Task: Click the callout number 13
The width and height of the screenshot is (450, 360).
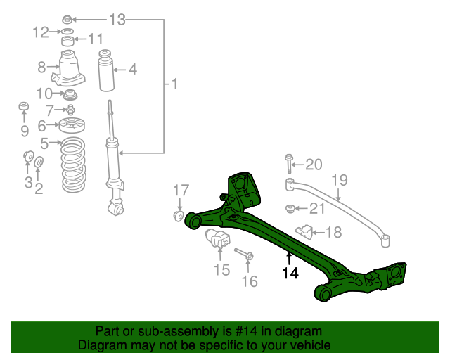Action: pyautogui.click(x=117, y=20)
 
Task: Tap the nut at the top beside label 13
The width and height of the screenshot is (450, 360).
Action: pyautogui.click(x=66, y=19)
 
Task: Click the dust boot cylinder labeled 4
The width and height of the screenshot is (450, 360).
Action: pyautogui.click(x=107, y=70)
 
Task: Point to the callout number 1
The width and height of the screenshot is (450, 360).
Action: pyautogui.click(x=174, y=85)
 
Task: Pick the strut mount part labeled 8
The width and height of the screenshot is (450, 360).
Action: pyautogui.click(x=69, y=69)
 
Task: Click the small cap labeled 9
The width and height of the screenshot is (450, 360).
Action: pyautogui.click(x=23, y=107)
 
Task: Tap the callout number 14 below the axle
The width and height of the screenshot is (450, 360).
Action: pyautogui.click(x=290, y=274)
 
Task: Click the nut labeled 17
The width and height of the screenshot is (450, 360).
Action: pyautogui.click(x=178, y=214)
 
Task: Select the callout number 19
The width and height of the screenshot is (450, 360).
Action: pyautogui.click(x=340, y=180)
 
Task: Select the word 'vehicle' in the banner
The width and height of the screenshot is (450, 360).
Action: pyautogui.click(x=311, y=345)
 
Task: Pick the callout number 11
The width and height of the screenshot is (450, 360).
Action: pyautogui.click(x=94, y=39)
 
